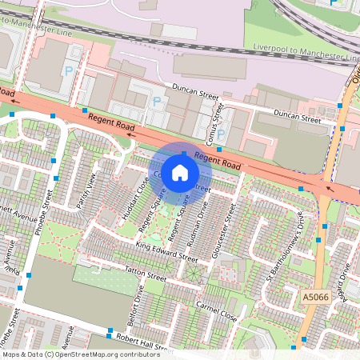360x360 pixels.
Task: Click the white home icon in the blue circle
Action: click(x=181, y=172)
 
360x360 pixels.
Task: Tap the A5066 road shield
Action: click(x=315, y=298)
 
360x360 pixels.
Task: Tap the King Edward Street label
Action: click(x=166, y=251)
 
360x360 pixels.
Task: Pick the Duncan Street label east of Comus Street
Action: click(x=296, y=118)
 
